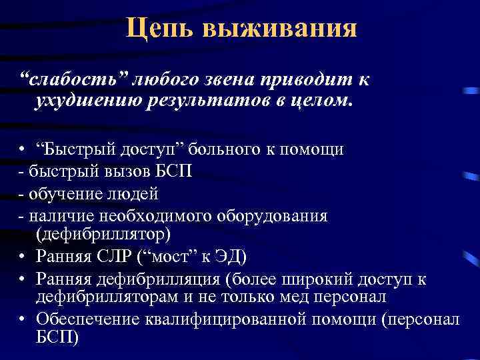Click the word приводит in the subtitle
coord(305,81)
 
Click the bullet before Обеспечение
coord(23,319)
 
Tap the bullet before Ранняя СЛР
coord(23,257)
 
